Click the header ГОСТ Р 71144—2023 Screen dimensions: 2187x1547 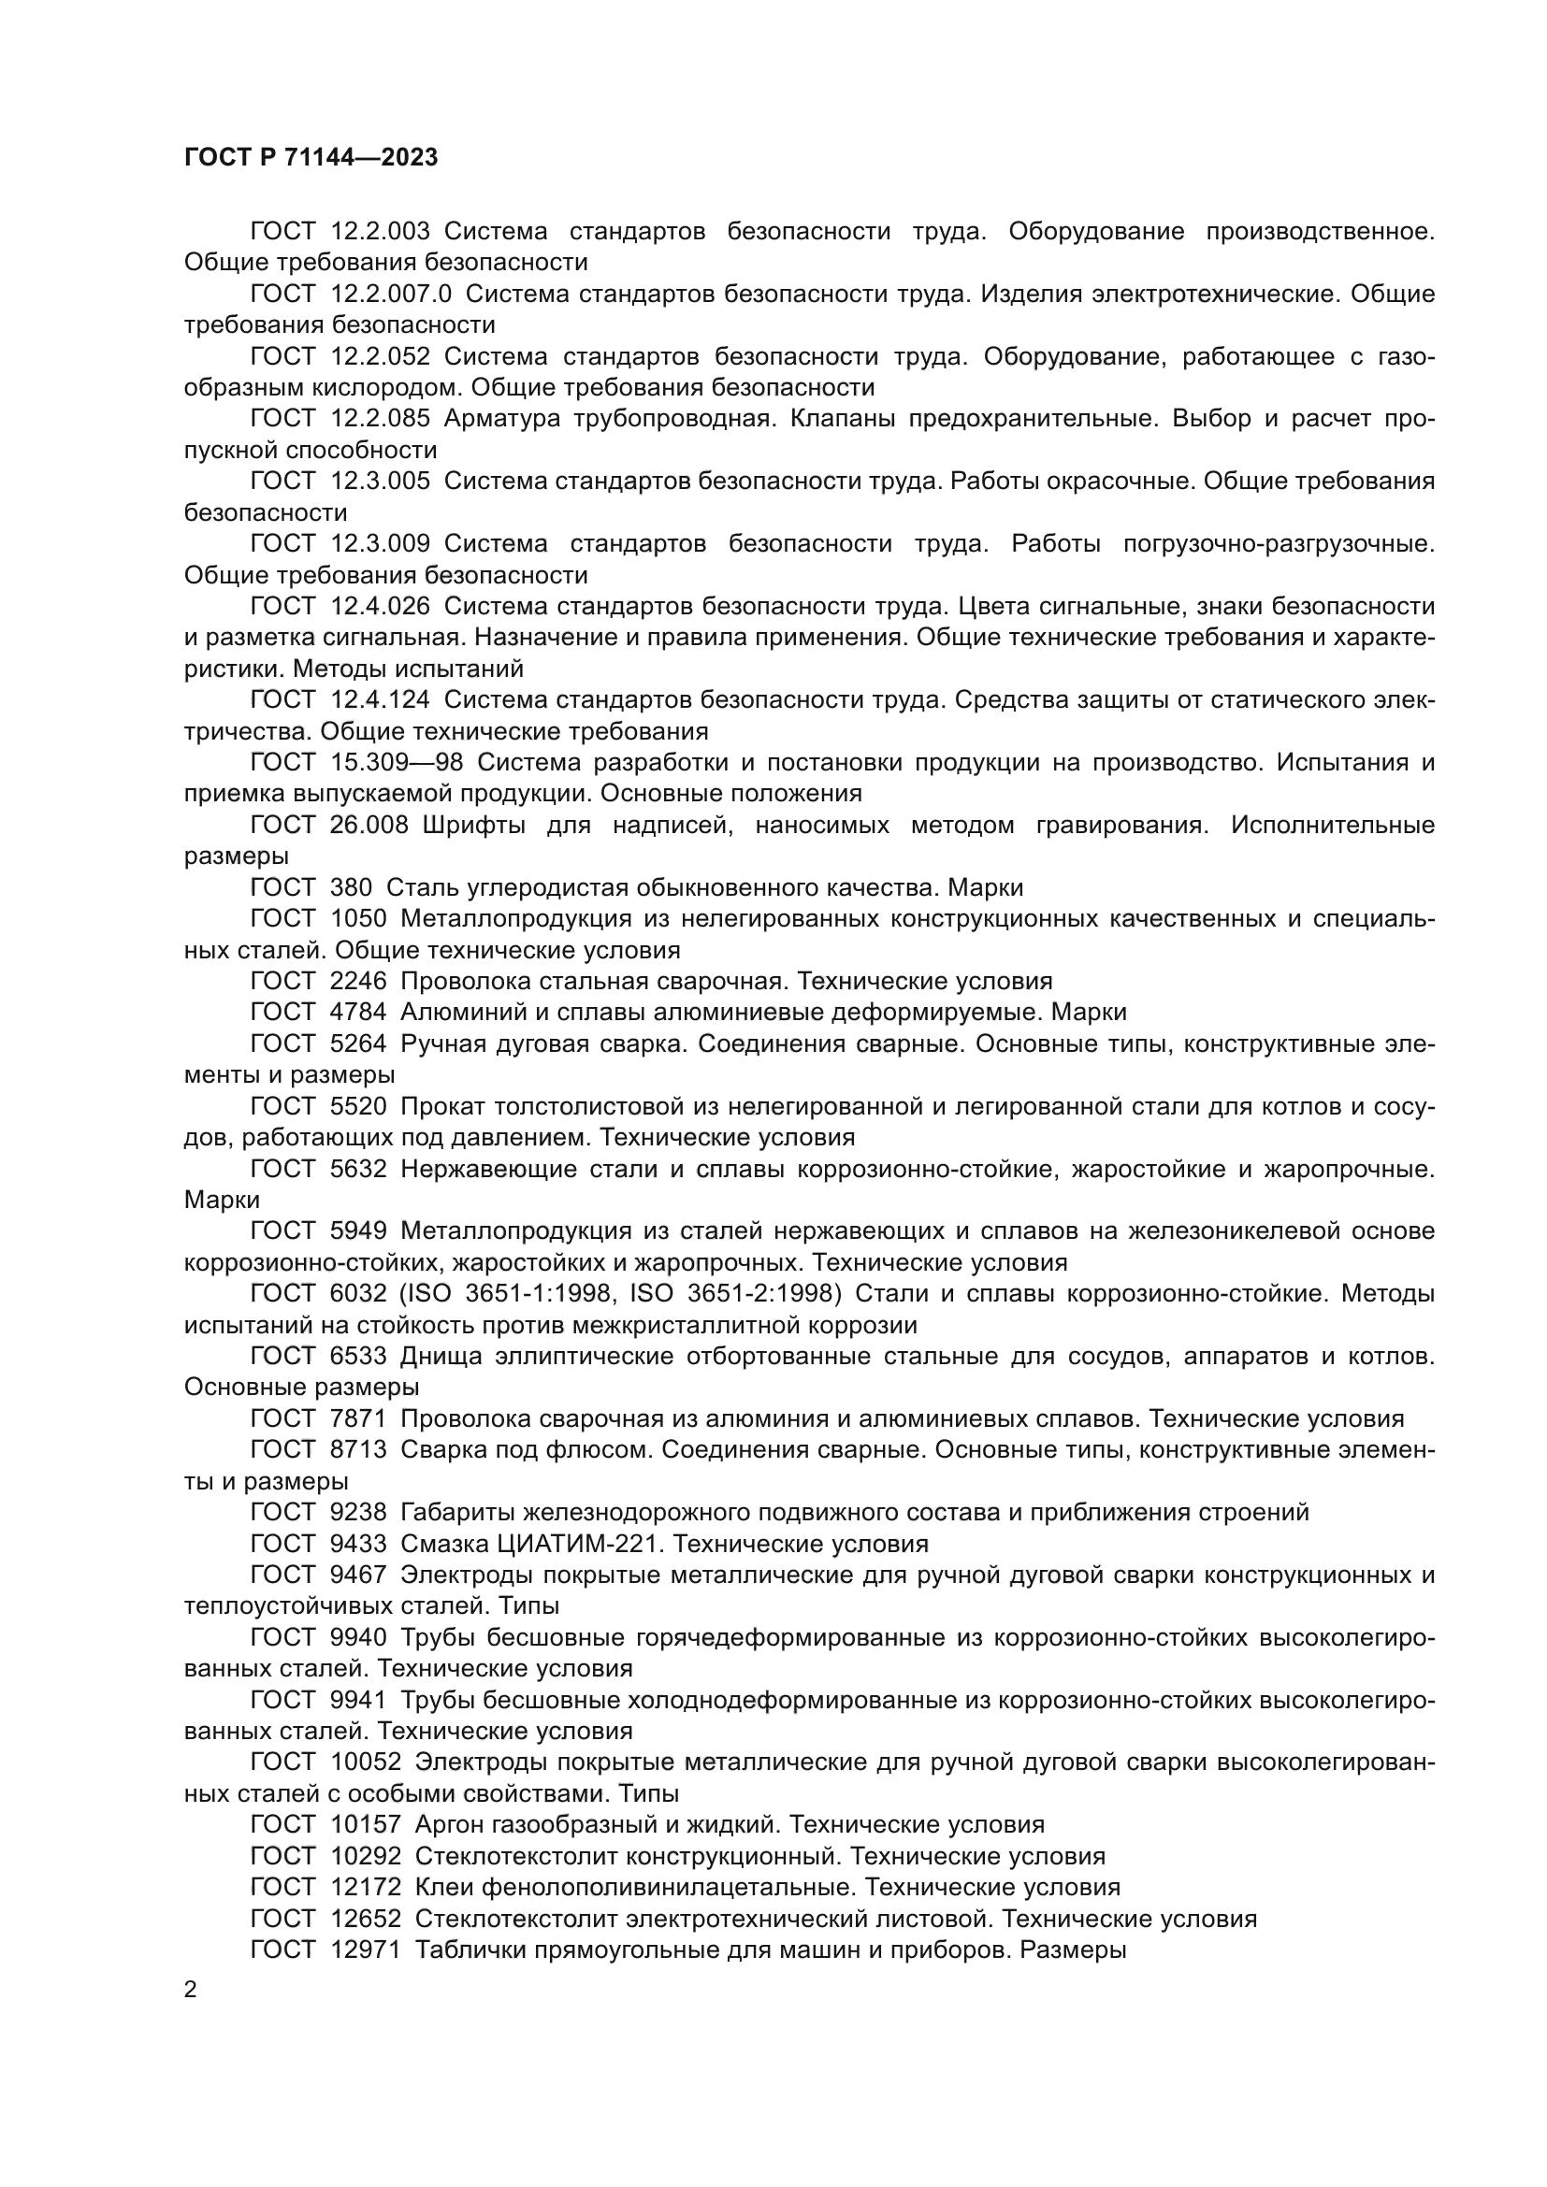click(x=311, y=158)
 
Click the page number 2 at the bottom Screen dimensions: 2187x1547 click(x=191, y=1990)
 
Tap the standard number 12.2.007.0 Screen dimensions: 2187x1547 click(x=391, y=295)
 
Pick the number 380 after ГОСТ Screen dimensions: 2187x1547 click(x=351, y=887)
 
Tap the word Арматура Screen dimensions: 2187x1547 click(x=502, y=419)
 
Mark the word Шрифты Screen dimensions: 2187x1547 click(x=467, y=825)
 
